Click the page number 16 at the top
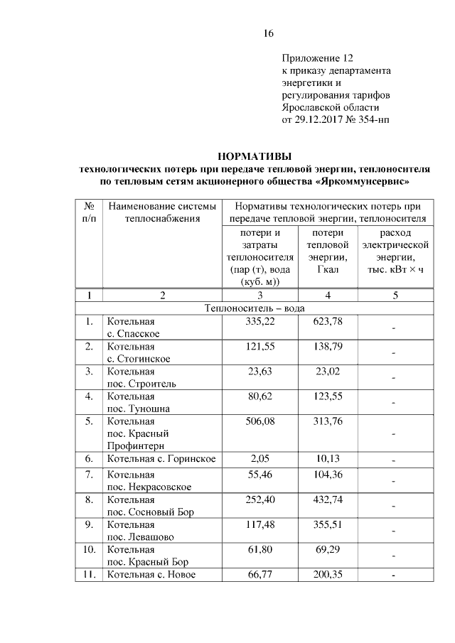[268, 33]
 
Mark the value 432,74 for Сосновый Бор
[327, 499]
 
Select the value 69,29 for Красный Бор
[327, 550]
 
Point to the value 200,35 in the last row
[327, 575]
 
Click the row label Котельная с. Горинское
[161, 459]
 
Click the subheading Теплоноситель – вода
[253, 308]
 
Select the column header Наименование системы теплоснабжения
[161, 212]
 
